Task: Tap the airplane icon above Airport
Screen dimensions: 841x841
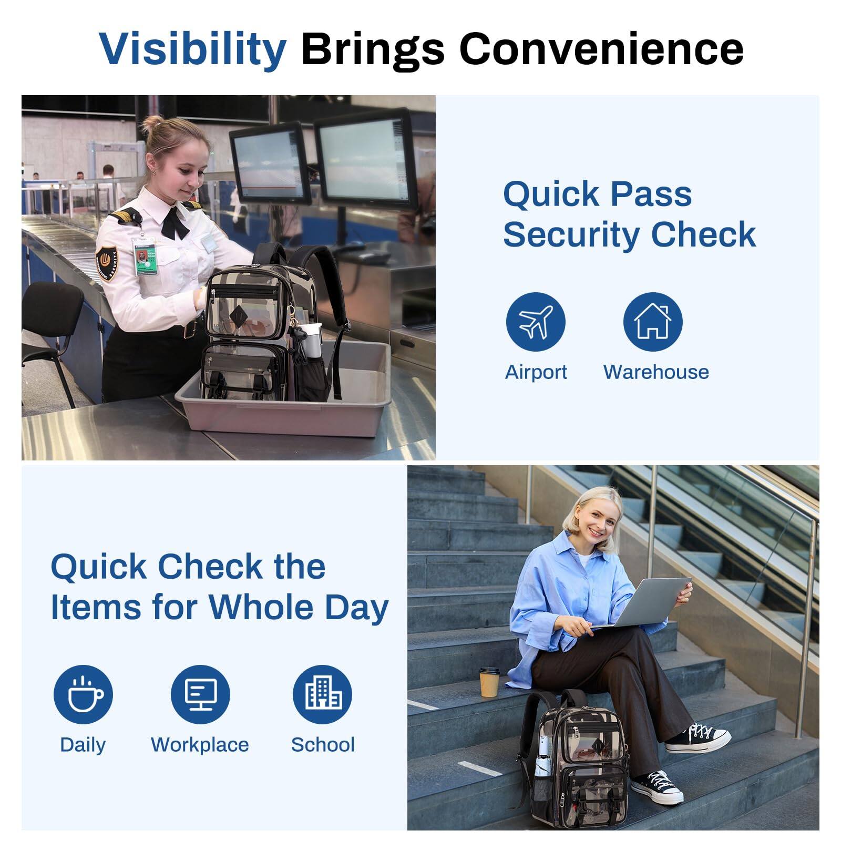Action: click(536, 322)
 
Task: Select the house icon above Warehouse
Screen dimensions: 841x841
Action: click(653, 322)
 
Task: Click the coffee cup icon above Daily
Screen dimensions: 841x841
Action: click(83, 695)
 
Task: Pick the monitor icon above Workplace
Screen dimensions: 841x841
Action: click(200, 695)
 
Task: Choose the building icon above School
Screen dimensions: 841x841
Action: click(322, 695)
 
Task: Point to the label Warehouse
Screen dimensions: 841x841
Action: click(656, 372)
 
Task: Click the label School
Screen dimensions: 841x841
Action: click(323, 745)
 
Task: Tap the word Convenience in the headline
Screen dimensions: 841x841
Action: click(601, 49)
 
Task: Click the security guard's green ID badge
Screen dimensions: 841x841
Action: click(142, 259)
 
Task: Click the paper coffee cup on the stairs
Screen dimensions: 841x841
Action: click(489, 682)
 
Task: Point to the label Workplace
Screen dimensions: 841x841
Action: click(200, 745)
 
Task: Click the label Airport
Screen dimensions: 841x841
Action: click(536, 373)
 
